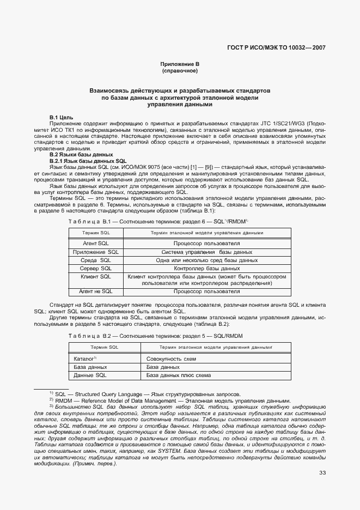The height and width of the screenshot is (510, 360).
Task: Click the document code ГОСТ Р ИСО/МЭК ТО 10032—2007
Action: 276,48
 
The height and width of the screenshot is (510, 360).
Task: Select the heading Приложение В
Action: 180,64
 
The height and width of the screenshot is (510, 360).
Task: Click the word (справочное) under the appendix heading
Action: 180,71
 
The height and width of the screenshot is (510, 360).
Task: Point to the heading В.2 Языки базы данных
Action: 77,155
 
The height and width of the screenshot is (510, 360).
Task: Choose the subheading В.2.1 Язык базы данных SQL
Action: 88,161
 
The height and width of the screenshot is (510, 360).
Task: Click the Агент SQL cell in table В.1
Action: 96,244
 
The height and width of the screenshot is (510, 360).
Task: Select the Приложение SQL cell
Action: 96,252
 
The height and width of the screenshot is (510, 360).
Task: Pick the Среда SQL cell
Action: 96,260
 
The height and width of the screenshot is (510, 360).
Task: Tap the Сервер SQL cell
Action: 96,269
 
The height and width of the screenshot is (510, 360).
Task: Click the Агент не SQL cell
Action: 96,292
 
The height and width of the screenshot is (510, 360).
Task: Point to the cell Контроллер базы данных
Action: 207,269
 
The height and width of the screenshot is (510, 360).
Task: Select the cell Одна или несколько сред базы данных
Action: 207,260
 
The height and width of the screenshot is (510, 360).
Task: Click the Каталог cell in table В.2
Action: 84,359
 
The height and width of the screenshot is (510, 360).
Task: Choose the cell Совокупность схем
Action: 171,359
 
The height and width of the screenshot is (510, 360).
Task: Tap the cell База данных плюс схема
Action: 178,375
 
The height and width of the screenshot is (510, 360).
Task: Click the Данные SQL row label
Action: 90,375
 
